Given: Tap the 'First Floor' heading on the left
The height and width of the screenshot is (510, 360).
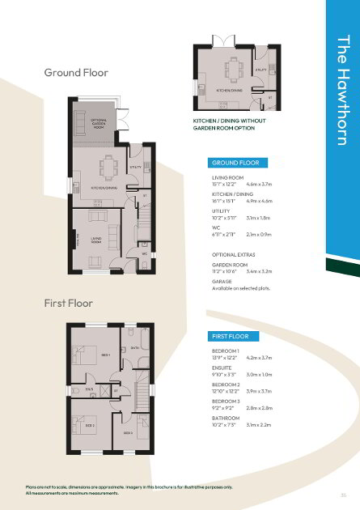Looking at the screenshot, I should tap(68, 303).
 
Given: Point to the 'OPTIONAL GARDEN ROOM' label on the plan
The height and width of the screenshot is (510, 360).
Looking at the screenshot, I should tap(99, 124).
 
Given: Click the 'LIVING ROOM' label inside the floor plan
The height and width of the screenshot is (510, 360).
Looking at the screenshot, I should tap(96, 239).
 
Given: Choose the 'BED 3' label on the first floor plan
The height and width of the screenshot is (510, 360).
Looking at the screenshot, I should tap(128, 432).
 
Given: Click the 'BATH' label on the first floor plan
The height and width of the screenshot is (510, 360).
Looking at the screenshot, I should tap(134, 348).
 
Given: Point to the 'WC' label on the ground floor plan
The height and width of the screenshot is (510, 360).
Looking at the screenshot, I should tap(144, 253).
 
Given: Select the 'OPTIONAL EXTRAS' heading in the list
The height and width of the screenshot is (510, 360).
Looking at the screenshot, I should tap(234, 254).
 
